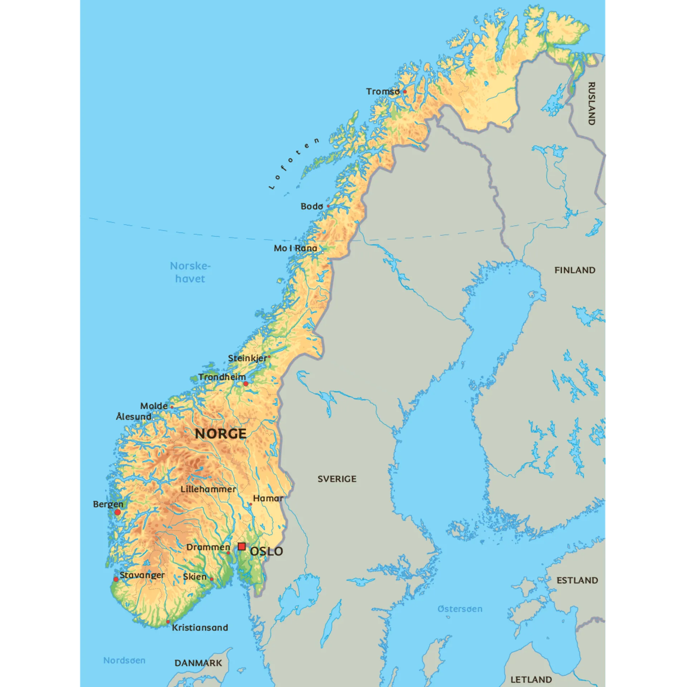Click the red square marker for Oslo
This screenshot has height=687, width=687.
tap(242, 547)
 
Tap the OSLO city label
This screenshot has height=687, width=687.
tap(267, 551)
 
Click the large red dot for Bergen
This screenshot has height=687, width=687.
tap(118, 512)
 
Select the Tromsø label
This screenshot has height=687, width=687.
tap(383, 92)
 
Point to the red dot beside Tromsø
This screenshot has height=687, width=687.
tap(405, 92)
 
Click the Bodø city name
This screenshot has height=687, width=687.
tap(312, 206)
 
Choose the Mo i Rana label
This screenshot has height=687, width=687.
tap(296, 248)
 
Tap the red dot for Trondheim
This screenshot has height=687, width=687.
tap(246, 384)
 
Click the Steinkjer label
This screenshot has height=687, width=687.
tap(248, 358)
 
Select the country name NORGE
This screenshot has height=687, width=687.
tap(221, 434)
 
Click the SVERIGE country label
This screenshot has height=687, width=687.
tap(337, 479)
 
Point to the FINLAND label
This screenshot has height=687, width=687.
tap(575, 270)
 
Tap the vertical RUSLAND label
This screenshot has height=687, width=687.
tap(591, 104)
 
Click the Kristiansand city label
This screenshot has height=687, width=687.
tap(200, 628)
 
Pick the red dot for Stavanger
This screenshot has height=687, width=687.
tap(116, 579)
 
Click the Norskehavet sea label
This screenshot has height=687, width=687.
tap(190, 272)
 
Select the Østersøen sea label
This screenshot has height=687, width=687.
tap(460, 609)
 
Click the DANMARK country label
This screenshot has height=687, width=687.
tap(198, 663)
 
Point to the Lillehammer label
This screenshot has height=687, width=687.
tap(208, 489)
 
